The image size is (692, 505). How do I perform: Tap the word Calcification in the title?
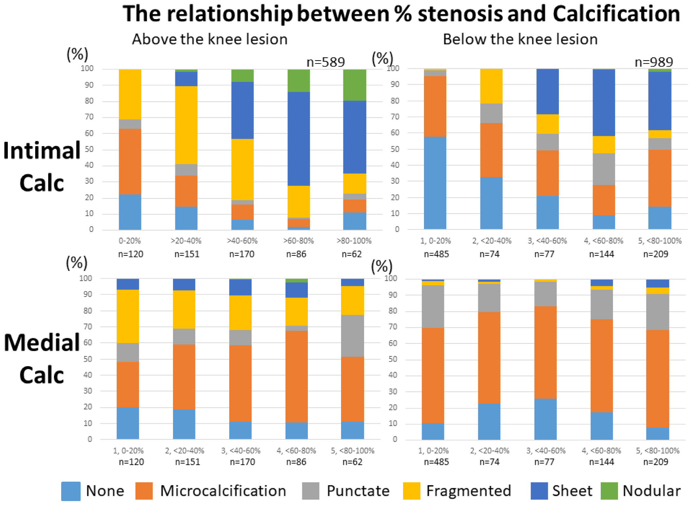point(616,14)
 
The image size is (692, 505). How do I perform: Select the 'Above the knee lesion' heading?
point(210,39)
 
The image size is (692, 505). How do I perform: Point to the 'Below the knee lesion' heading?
point(520,39)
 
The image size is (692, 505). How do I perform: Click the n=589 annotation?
point(326,62)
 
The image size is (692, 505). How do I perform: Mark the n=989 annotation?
point(654,62)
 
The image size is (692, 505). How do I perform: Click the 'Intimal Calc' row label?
point(42,166)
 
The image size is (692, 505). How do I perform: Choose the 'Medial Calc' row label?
point(42,359)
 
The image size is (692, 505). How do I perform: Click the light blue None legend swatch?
point(71,491)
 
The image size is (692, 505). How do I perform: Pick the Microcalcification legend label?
point(223,491)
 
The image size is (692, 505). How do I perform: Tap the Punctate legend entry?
point(358,491)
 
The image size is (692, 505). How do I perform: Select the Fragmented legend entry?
point(468,491)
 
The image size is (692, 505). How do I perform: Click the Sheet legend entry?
point(572,491)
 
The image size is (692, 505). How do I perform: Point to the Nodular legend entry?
point(651,491)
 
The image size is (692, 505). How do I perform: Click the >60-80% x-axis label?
point(299,241)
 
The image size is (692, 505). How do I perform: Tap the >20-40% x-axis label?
point(186,241)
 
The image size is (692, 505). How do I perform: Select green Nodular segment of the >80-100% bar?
point(355,85)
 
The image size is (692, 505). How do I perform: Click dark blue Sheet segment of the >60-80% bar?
point(299,139)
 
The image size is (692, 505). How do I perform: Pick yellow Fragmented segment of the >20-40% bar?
point(186,125)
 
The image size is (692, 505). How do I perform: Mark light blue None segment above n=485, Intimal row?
point(435,183)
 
